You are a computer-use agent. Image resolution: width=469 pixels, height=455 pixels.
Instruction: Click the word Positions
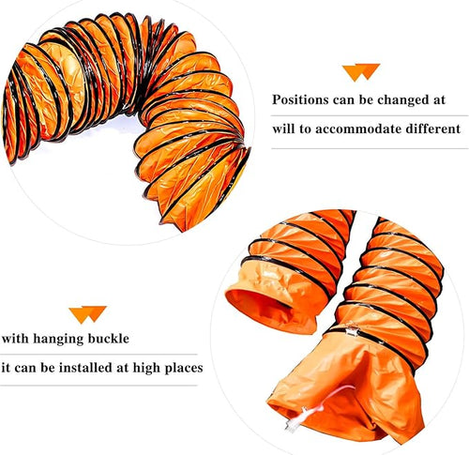tap(300, 99)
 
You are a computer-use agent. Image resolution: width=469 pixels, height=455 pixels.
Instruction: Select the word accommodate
tap(356, 129)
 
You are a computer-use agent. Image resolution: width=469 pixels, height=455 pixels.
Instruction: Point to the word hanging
tap(58, 340)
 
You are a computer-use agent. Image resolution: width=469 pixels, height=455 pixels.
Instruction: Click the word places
tap(184, 369)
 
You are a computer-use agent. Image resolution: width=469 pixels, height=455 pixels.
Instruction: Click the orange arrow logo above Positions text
tap(361, 72)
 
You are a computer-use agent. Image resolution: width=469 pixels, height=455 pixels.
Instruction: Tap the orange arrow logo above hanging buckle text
tap(88, 314)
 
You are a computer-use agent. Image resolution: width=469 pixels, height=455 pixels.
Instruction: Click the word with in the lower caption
tap(16, 339)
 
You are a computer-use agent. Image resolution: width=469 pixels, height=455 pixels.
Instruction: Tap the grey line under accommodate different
tap(370, 148)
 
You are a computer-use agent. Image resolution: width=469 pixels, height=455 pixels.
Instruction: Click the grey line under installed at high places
tap(98, 386)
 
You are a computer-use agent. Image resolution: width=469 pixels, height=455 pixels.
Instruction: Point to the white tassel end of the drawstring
tap(294, 424)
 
